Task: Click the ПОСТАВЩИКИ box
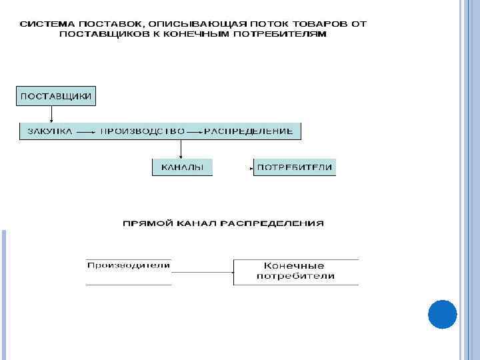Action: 57,96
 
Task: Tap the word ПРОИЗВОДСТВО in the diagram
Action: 142,131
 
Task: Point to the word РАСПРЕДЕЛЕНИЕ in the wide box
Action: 249,131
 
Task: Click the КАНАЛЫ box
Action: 182,167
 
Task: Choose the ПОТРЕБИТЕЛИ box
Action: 295,167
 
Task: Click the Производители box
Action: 129,266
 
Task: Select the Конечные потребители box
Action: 295,271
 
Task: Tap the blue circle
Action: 442,314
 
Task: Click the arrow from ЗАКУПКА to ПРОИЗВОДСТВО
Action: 85,132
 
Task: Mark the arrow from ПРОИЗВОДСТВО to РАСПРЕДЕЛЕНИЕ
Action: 194,132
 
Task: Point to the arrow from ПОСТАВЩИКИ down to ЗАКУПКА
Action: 51,114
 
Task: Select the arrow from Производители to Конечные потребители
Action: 202,271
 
